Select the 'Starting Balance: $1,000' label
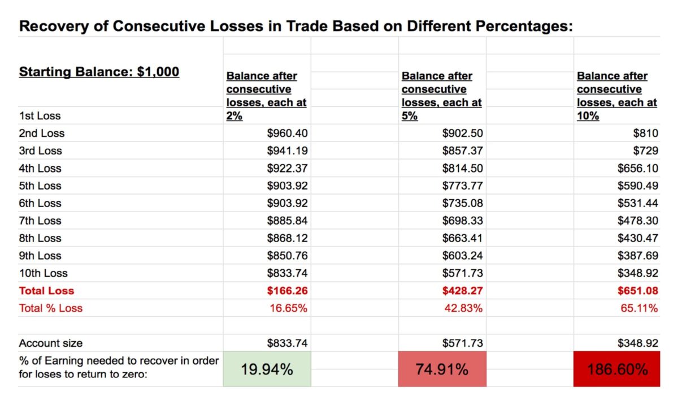tap(99, 72)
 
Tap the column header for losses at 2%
tap(266, 96)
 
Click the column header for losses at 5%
tap(441, 96)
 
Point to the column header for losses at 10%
tap(616, 96)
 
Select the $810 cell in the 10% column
tap(645, 134)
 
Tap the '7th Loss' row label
tap(40, 221)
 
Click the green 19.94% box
tap(267, 369)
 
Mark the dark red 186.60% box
tap(617, 369)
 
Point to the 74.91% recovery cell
tap(442, 369)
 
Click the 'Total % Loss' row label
tap(51, 308)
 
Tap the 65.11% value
tap(639, 308)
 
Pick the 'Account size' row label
tap(51, 343)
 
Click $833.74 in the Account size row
tap(287, 343)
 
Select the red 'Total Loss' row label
tap(46, 291)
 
